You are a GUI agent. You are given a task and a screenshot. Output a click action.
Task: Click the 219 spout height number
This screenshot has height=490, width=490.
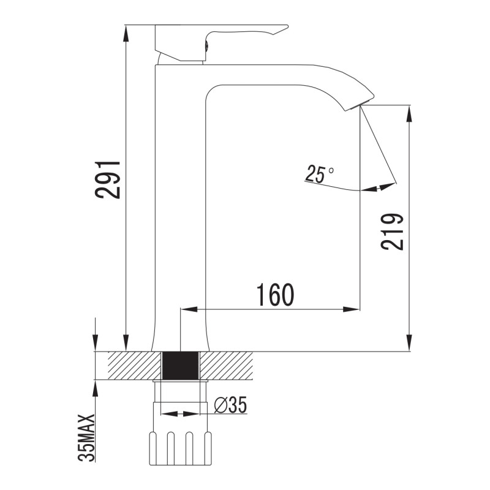(x=392, y=232)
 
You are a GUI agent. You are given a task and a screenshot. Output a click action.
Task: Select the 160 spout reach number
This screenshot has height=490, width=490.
(x=275, y=295)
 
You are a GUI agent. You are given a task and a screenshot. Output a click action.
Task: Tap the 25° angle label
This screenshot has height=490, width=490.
(x=318, y=173)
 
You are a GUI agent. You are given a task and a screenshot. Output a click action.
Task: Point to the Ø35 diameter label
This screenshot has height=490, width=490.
(x=230, y=405)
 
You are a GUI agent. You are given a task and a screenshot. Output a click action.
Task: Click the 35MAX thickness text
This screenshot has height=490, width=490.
(x=86, y=437)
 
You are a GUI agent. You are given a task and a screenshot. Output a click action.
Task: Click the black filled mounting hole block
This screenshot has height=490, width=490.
(x=181, y=366)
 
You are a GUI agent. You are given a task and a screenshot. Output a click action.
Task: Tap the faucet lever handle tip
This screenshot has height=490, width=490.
(x=286, y=27)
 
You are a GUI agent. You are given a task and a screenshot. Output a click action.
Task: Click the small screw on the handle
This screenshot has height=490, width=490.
(x=206, y=45)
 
